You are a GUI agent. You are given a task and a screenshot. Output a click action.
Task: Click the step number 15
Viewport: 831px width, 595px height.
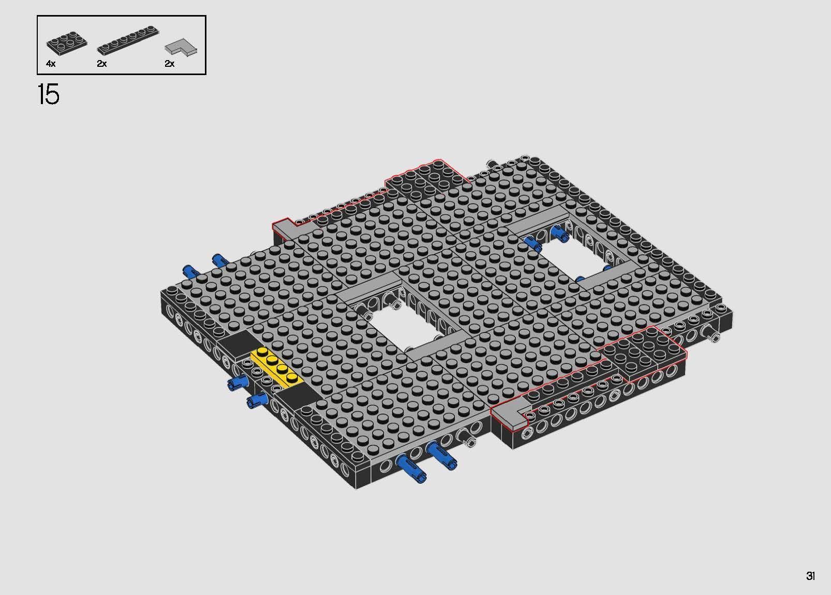[x=49, y=95]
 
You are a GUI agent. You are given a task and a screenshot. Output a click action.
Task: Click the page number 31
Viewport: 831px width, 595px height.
[x=810, y=576]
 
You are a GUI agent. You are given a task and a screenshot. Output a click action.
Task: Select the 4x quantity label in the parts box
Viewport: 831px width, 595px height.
[x=50, y=64]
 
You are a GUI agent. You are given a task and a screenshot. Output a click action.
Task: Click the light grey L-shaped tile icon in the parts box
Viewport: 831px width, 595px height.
[x=181, y=47]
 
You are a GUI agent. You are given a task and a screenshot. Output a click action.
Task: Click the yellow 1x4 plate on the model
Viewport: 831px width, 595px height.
[x=277, y=368]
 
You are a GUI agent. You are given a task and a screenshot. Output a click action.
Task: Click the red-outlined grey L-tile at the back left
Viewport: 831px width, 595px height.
[x=290, y=228]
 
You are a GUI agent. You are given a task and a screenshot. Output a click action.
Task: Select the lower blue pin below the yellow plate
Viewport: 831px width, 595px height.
[x=257, y=399]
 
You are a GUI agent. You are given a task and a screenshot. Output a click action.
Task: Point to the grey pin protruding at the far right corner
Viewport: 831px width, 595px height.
[x=714, y=338]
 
